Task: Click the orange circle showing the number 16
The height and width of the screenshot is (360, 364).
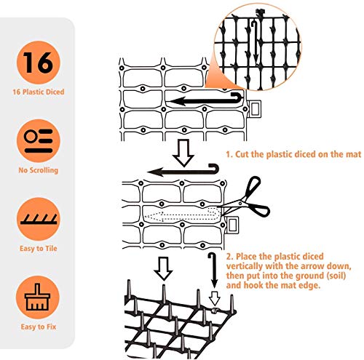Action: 39,63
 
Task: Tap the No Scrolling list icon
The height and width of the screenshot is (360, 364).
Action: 39,140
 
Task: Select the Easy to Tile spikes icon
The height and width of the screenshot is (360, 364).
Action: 39,219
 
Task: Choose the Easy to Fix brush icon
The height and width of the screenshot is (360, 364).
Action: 38,297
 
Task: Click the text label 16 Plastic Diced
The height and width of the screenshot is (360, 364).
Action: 39,92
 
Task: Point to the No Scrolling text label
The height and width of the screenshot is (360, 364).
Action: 39,170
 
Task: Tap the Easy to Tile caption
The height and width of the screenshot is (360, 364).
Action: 39,249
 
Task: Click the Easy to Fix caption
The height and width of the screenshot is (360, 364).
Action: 39,327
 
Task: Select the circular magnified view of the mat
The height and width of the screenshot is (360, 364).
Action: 257,47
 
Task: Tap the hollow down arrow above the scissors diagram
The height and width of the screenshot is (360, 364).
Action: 183,153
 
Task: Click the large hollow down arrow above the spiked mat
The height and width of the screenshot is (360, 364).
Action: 163,268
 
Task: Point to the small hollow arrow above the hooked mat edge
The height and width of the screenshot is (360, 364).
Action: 215,298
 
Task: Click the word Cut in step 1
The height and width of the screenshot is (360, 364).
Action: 242,154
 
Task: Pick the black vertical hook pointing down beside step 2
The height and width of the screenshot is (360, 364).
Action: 213,270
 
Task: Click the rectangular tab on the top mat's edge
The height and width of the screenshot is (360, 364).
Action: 255,109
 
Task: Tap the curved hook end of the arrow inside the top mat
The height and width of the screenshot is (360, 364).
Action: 238,97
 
